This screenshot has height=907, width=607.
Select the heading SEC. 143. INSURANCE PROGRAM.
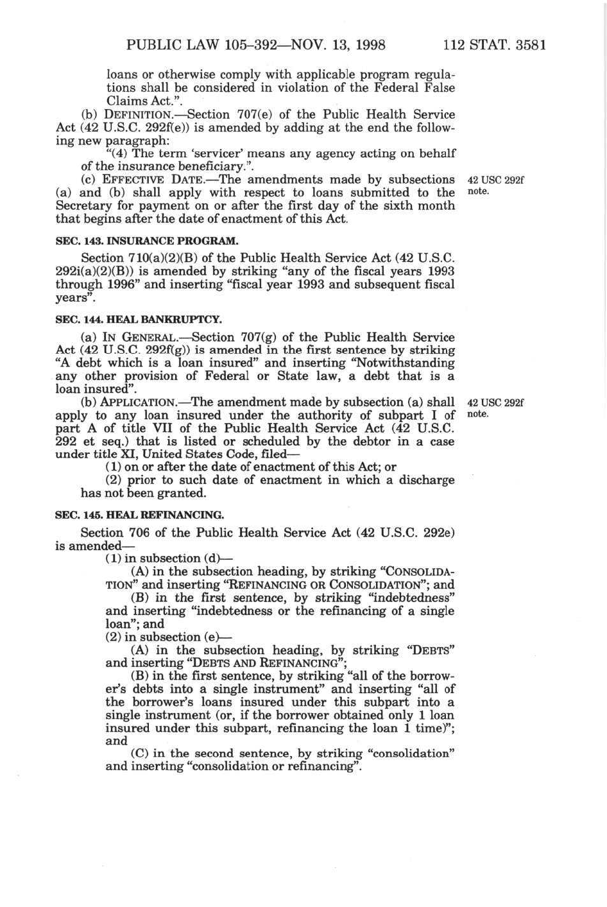[147, 241]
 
